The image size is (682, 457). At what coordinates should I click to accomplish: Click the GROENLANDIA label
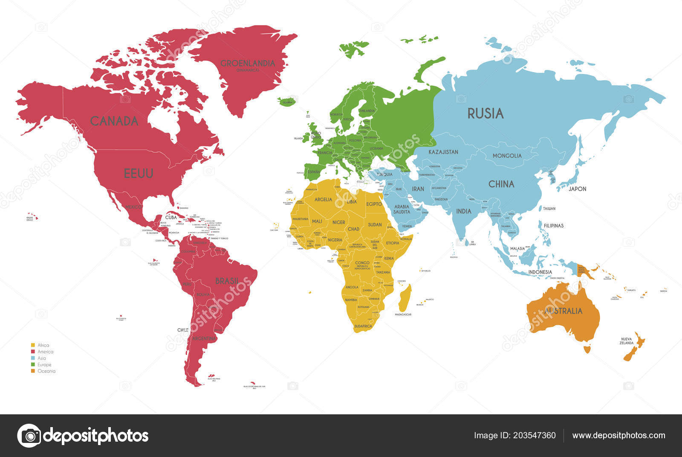pyautogui.click(x=247, y=63)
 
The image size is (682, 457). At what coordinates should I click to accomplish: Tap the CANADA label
pyautogui.click(x=114, y=121)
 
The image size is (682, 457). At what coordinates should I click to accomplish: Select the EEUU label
pyautogui.click(x=139, y=173)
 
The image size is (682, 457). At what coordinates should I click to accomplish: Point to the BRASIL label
pyautogui.click(x=227, y=281)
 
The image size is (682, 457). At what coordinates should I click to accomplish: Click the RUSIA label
pyautogui.click(x=485, y=114)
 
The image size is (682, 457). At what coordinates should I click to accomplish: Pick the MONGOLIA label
pyautogui.click(x=507, y=156)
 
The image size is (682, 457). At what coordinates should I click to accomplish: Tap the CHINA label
pyautogui.click(x=501, y=184)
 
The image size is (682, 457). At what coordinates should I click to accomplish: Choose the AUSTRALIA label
pyautogui.click(x=563, y=311)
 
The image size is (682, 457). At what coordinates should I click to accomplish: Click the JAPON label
pyautogui.click(x=578, y=189)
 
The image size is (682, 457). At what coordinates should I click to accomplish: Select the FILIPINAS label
pyautogui.click(x=554, y=225)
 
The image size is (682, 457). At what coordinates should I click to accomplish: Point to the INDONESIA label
pyautogui.click(x=540, y=272)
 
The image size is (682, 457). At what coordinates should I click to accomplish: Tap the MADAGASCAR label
pyautogui.click(x=403, y=314)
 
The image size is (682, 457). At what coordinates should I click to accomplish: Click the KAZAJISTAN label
pyautogui.click(x=443, y=152)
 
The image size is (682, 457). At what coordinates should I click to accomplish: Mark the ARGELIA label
pyautogui.click(x=323, y=199)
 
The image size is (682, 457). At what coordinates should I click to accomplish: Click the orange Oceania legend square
pyautogui.click(x=33, y=371)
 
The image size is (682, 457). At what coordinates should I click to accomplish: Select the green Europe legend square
pyautogui.click(x=33, y=364)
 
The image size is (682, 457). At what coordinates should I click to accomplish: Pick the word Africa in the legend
pyautogui.click(x=43, y=345)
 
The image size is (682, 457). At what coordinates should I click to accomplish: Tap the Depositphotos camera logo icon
pyautogui.click(x=29, y=436)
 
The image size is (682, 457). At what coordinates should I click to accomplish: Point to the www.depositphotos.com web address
pyautogui.click(x=618, y=436)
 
